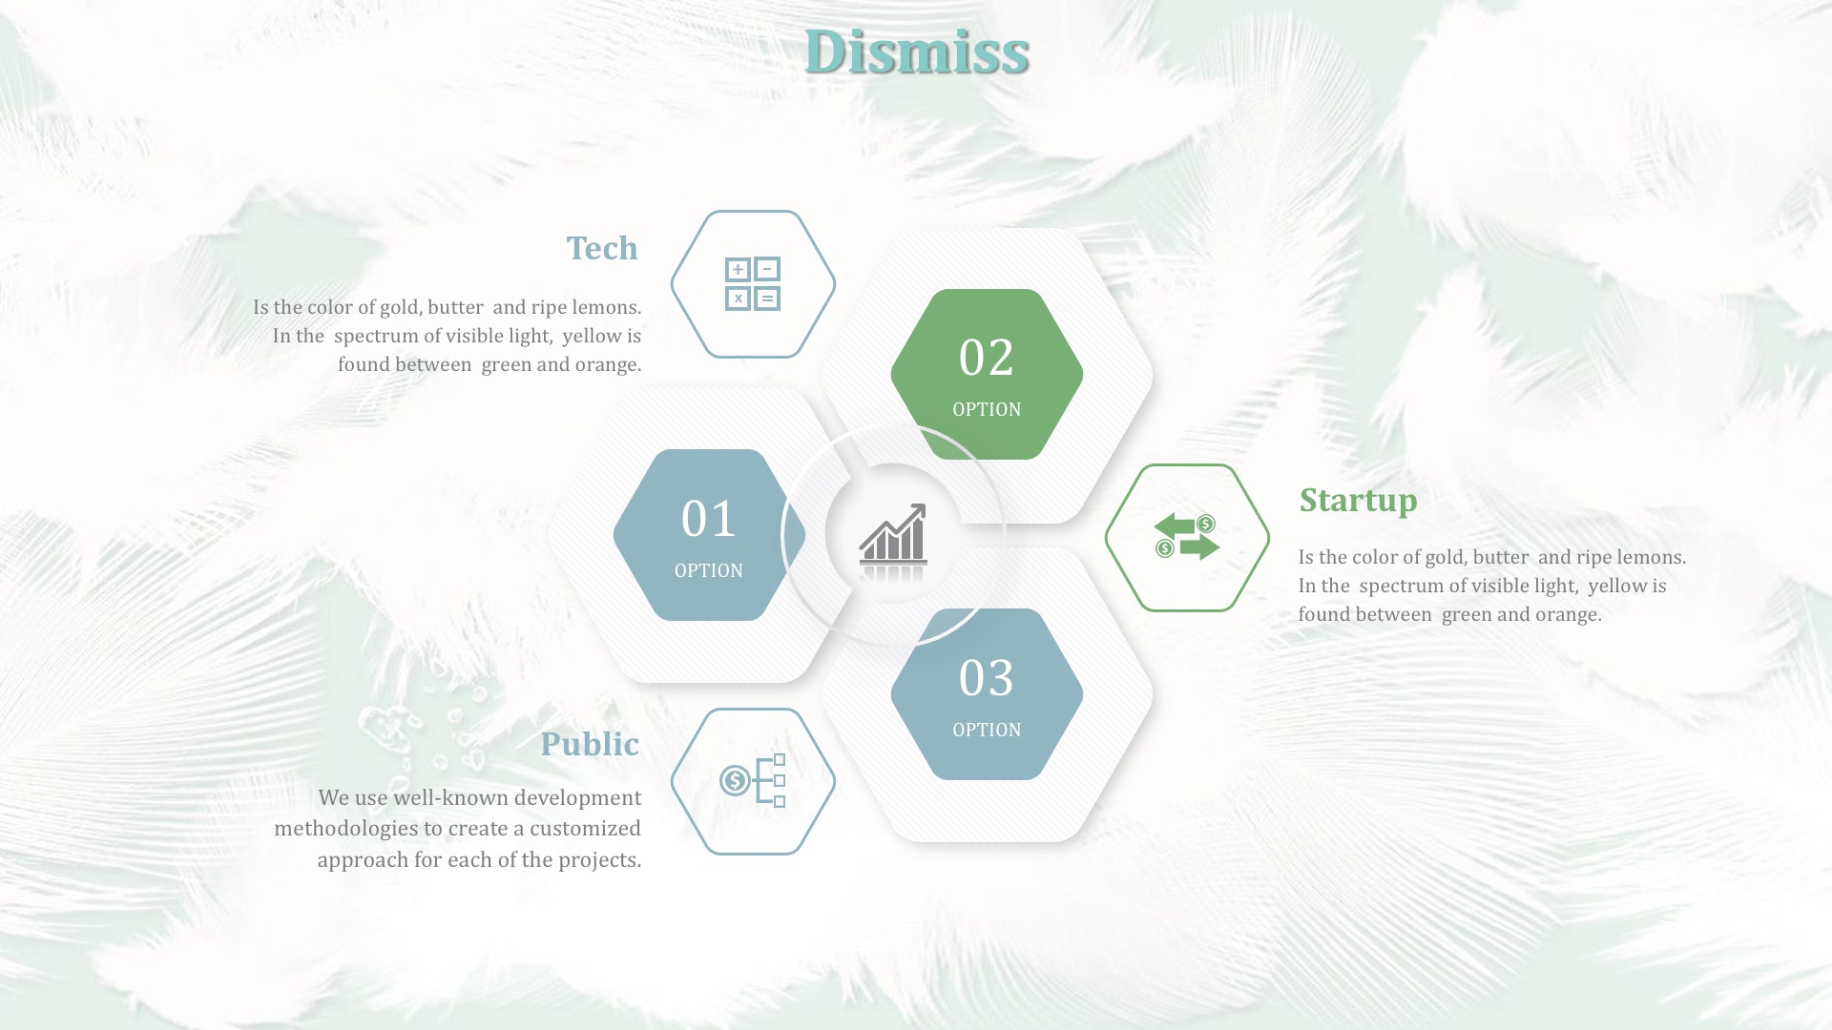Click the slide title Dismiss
tap(916, 51)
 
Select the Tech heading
tap(602, 248)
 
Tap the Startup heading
tap(1358, 500)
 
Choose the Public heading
tap(590, 744)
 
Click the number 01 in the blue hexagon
tap(709, 519)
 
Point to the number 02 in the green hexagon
tap(987, 358)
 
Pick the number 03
tap(987, 678)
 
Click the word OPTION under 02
tap(987, 409)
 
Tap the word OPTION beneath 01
tap(709, 570)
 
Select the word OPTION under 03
tap(987, 730)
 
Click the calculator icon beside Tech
tap(753, 284)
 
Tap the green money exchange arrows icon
tap(1187, 537)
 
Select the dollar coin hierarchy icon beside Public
tap(753, 781)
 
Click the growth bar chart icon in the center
tap(893, 540)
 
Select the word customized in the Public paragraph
tap(585, 828)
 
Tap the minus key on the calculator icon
tap(767, 269)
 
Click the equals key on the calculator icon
tap(767, 299)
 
